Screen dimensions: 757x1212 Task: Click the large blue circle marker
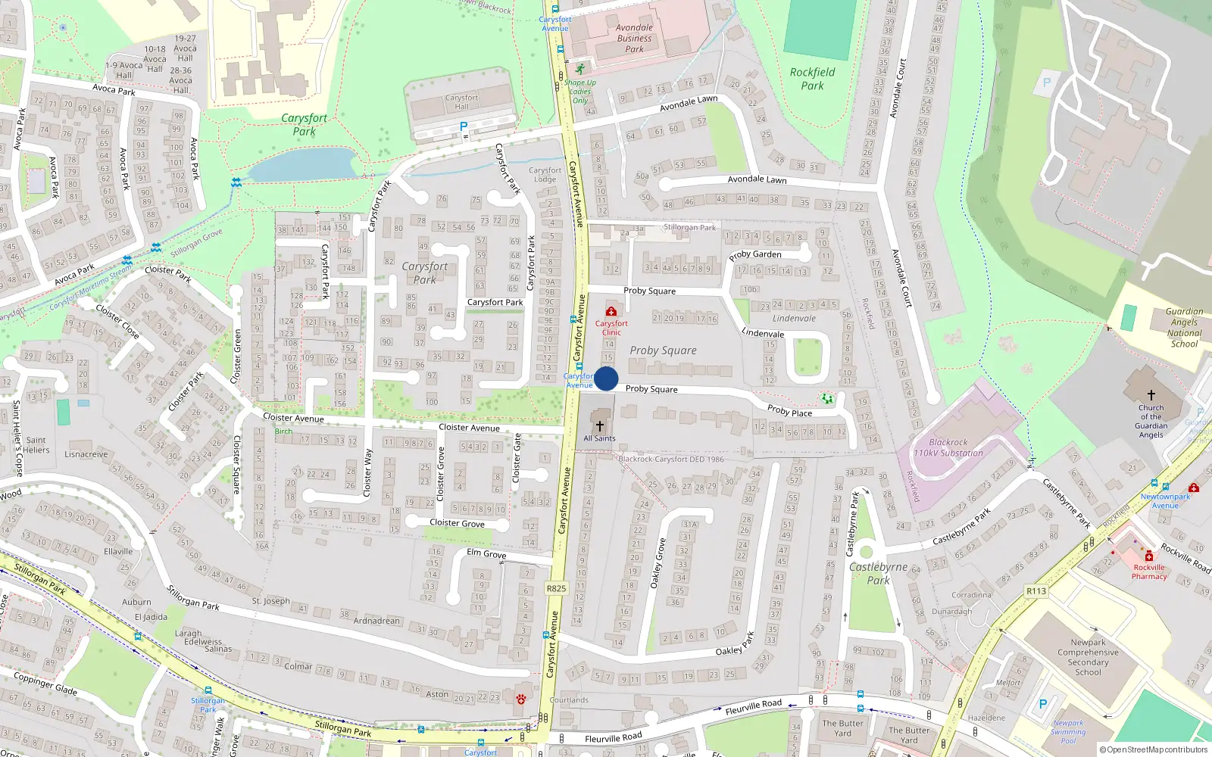click(606, 378)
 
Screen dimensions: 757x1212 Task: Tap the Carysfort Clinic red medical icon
click(611, 311)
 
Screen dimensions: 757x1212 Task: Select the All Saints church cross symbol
click(600, 426)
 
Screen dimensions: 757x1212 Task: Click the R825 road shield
click(556, 588)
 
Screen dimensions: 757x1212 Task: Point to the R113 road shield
click(1036, 591)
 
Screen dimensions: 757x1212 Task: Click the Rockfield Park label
click(812, 79)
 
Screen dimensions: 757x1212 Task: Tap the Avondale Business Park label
click(634, 39)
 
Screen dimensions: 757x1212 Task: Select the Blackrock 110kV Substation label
click(948, 447)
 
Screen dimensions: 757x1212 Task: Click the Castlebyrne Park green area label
click(878, 573)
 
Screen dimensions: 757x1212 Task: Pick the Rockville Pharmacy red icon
click(1148, 556)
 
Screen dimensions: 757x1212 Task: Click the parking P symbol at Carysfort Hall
click(464, 126)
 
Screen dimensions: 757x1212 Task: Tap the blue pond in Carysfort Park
click(303, 164)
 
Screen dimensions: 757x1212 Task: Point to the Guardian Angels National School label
click(1184, 327)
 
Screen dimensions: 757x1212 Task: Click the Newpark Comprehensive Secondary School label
click(1088, 657)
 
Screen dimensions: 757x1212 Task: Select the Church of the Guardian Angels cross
click(1151, 395)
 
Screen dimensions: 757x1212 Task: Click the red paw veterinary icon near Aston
click(520, 699)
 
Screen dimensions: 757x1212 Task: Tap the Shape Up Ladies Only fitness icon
click(580, 69)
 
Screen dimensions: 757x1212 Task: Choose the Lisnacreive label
click(86, 454)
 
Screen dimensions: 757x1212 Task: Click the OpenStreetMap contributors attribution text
click(1154, 749)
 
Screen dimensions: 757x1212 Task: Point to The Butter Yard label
click(842, 727)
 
